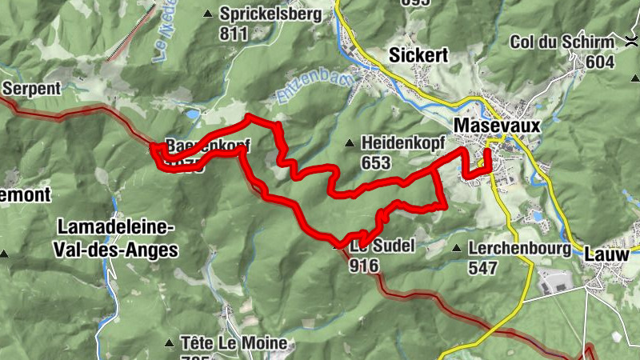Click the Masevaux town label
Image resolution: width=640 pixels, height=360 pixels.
coord(497,126)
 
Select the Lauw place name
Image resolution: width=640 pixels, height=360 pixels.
coord(606,254)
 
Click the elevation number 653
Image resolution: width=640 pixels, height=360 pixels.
coord(375,162)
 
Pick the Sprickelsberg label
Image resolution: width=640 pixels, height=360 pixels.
coord(271,14)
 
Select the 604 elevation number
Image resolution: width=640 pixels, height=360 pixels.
coord(599,62)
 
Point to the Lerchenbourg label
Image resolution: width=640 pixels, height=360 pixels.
coord(520,248)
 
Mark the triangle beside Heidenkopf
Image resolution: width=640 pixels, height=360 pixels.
coord(348,143)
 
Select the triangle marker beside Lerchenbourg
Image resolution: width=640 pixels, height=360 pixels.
coord(456,248)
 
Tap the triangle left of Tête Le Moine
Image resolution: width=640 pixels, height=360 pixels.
coord(169,343)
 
